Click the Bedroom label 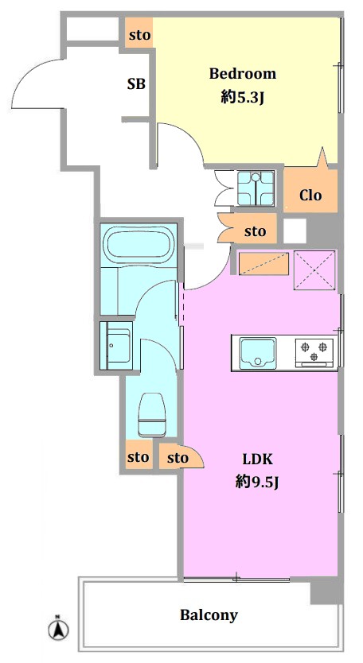coord(243,74)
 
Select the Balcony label coord(209,615)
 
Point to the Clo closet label coord(310,195)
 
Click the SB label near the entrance coord(136,84)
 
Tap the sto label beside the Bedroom coord(139,35)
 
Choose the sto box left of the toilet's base coord(139,457)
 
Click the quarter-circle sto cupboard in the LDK coord(181,456)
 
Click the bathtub coord(140,244)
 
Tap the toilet coord(152,415)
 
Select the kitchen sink coord(258,353)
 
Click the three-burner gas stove coord(314,353)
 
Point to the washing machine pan coord(256,188)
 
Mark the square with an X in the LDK coord(314,270)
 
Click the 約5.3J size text coord(243,98)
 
